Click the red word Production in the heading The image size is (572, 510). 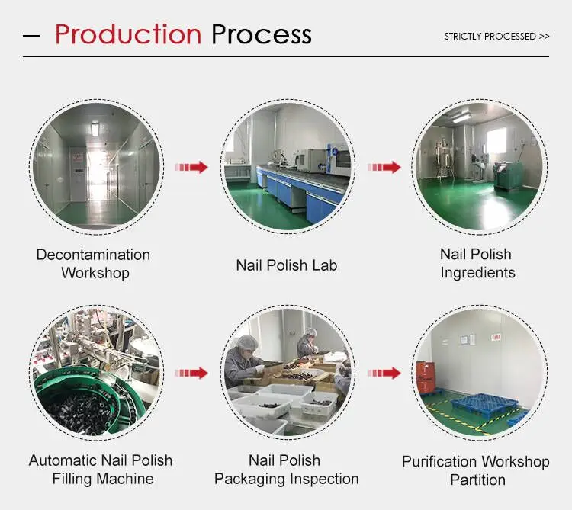(127, 35)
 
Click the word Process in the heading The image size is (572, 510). (262, 35)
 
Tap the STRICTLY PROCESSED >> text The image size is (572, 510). (496, 36)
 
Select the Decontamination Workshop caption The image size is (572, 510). (93, 264)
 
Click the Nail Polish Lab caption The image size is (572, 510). (286, 265)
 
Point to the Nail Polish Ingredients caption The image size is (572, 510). (477, 263)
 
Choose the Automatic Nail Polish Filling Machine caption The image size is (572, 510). (101, 470)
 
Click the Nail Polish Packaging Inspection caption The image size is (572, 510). (286, 470)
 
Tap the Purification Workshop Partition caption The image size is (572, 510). (476, 470)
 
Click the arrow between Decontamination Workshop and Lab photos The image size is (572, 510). (191, 167)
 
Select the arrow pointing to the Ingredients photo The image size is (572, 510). (385, 167)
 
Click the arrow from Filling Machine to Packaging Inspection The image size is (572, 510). (191, 373)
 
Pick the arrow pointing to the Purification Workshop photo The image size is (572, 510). (385, 373)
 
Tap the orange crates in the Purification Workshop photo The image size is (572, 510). (425, 375)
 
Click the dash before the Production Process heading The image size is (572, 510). (31, 36)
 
